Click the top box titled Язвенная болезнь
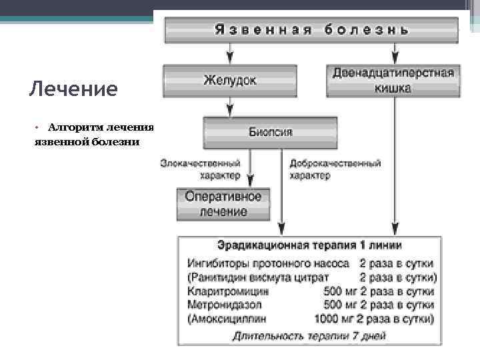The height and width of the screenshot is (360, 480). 311,30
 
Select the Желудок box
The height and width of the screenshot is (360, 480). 230,80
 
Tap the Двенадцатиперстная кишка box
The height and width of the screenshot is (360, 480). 393,80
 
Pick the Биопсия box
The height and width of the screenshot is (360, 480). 270,132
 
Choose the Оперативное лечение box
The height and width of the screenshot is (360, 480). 223,204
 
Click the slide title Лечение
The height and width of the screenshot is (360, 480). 73,89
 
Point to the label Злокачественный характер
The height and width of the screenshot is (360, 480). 200,169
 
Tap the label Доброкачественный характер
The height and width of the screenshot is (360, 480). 335,169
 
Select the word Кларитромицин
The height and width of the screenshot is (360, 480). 229,291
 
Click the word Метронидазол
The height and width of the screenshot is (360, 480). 227,305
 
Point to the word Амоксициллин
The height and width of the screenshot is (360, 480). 229,318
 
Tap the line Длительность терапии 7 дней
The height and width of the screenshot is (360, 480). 309,336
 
